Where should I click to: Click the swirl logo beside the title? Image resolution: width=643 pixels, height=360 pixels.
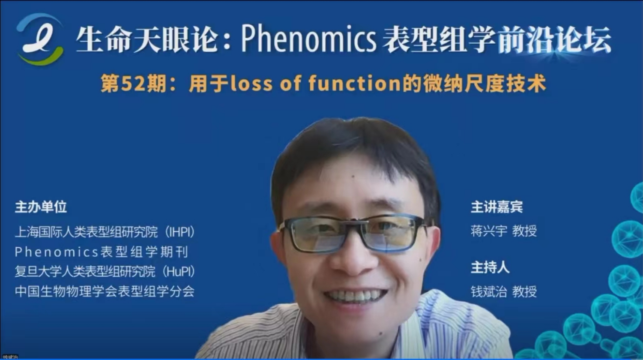pos(40,39)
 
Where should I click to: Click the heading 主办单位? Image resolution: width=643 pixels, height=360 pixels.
pos(41,207)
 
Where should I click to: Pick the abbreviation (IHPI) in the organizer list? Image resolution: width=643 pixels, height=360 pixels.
pos(180,232)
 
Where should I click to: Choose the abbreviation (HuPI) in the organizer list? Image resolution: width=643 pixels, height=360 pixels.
pos(179,271)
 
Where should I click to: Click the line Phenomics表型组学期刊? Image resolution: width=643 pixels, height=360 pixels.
pos(102,252)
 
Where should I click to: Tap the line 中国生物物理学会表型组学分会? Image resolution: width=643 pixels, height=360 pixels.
pos(105,291)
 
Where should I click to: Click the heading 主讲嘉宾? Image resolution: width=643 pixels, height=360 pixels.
pos(497,207)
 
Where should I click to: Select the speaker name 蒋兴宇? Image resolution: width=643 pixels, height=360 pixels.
pos(489,231)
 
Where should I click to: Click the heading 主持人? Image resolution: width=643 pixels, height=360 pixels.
pos(490,267)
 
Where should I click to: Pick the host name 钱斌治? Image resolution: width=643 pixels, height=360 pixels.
pos(489,292)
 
